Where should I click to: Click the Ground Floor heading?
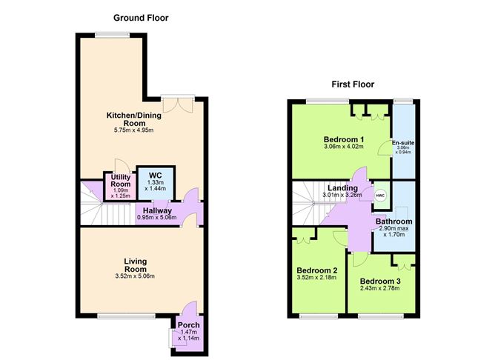click(141, 17)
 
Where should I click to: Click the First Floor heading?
click(352, 84)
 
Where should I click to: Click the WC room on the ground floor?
click(156, 182)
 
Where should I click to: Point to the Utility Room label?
click(121, 181)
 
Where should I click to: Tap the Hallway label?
click(157, 210)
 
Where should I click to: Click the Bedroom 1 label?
click(343, 139)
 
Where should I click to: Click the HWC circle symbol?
click(380, 196)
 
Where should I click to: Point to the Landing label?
click(343, 188)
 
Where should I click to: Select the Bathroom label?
click(393, 221)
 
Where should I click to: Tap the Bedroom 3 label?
click(381, 281)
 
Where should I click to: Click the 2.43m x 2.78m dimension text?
click(381, 290)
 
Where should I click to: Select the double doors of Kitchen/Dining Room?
click(178, 104)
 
